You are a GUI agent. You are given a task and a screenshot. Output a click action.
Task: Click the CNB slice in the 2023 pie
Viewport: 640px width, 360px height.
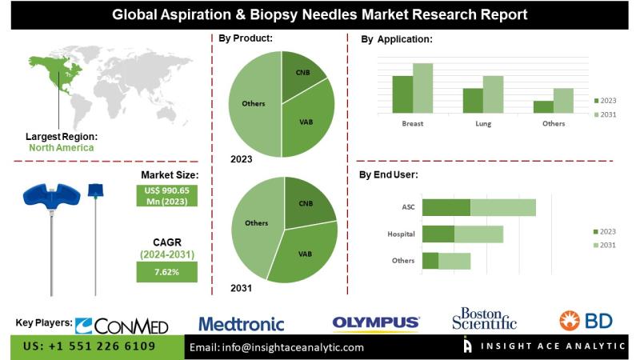(x=302, y=77)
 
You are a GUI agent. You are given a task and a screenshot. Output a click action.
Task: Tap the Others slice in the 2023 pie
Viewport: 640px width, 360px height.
(x=251, y=104)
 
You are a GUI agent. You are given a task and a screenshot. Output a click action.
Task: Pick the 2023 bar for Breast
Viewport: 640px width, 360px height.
(x=402, y=94)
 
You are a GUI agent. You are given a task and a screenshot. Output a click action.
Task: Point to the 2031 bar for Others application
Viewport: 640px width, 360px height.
(x=563, y=100)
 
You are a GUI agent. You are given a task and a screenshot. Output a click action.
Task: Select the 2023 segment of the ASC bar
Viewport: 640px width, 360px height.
(x=446, y=207)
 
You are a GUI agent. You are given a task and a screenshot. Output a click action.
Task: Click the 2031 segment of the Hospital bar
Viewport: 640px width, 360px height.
(x=478, y=234)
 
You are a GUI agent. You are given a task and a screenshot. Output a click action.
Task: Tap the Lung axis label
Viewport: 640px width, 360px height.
(x=482, y=124)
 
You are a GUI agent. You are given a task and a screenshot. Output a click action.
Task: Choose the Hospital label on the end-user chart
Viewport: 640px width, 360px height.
(x=400, y=234)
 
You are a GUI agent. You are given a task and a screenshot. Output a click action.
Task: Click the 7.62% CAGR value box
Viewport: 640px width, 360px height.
(x=166, y=272)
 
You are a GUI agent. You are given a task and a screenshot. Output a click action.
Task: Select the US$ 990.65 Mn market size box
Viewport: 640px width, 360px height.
(x=166, y=195)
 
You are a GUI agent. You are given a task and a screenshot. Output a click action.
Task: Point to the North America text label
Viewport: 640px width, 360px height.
(x=61, y=147)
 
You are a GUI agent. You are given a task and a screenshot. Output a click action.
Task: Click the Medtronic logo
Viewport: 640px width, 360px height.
(x=241, y=324)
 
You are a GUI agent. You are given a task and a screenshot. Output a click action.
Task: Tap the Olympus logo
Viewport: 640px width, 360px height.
(x=376, y=323)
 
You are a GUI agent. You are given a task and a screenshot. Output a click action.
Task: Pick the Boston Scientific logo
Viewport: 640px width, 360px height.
(x=484, y=318)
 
